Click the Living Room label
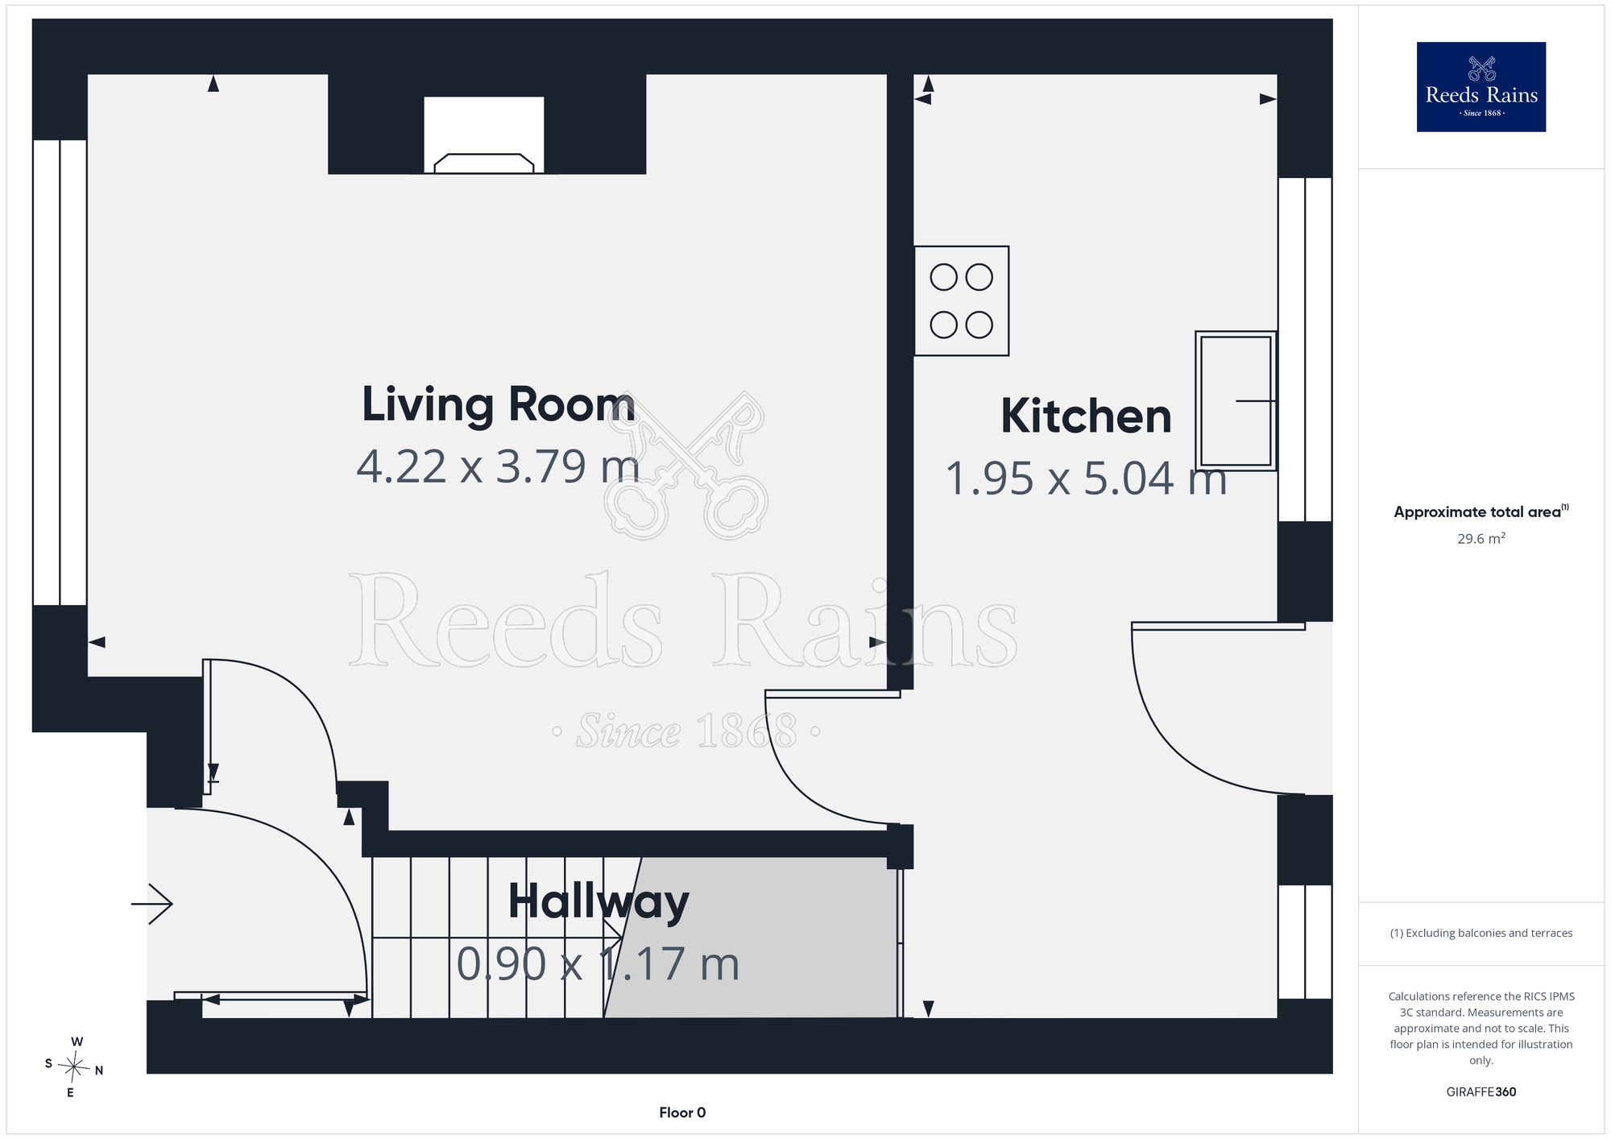[498, 404]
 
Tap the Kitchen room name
[1086, 416]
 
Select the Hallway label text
[598, 903]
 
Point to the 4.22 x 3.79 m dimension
[498, 466]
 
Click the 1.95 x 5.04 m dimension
[1086, 478]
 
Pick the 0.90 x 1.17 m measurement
[598, 963]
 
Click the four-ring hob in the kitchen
[961, 300]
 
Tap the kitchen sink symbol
[1236, 400]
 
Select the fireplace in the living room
[484, 135]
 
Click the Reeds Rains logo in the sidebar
[1481, 87]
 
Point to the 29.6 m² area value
[1481, 538]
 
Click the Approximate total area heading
[1481, 512]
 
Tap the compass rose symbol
[73, 1068]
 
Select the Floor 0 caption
[682, 1112]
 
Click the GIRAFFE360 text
[1481, 1092]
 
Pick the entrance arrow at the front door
[151, 904]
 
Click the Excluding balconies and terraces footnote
[1481, 933]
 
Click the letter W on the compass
[77, 1042]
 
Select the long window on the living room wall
[60, 372]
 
